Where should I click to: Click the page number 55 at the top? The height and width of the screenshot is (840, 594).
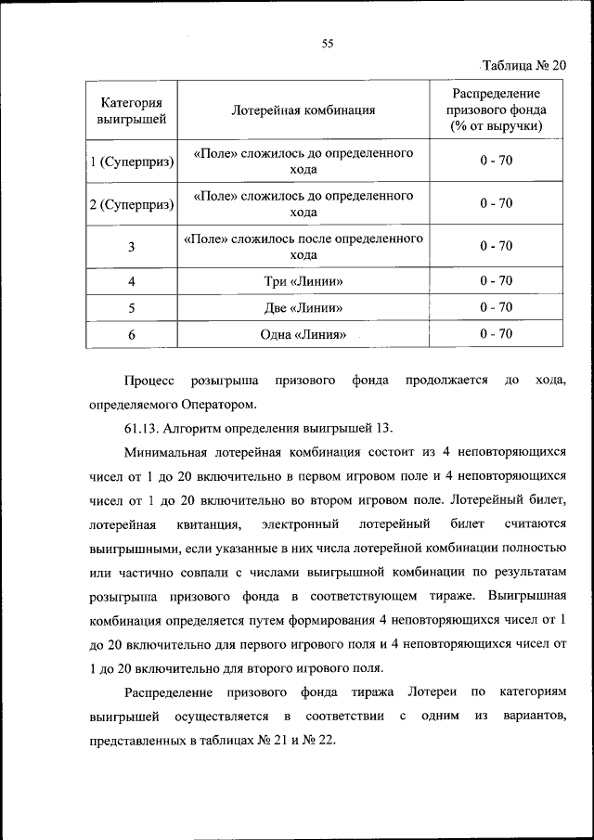pyautogui.click(x=327, y=42)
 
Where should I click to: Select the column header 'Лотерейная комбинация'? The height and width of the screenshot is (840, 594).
pyautogui.click(x=303, y=110)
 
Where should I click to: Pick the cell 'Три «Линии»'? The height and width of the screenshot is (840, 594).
pyautogui.click(x=303, y=280)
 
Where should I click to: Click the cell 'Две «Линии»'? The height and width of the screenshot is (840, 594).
pyautogui.click(x=303, y=307)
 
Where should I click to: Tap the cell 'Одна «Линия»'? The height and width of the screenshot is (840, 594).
pyautogui.click(x=303, y=334)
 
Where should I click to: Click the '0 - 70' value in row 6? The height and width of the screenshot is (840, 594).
pyautogui.click(x=497, y=334)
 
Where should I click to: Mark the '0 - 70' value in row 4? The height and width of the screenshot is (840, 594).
pyautogui.click(x=497, y=280)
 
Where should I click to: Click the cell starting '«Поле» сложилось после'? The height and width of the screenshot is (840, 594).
pyautogui.click(x=303, y=247)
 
